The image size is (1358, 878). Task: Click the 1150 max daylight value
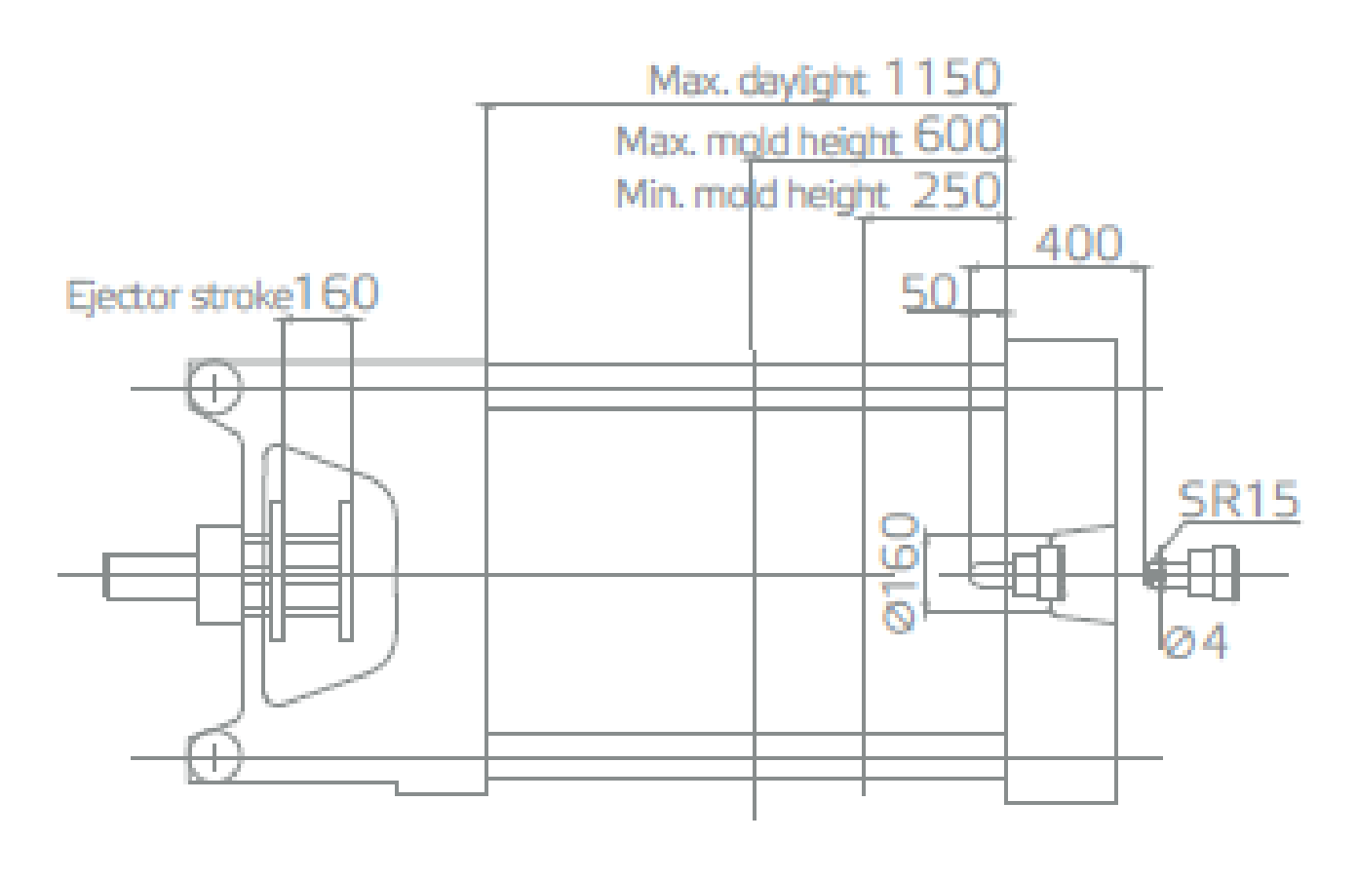point(941,77)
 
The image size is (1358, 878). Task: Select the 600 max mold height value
point(958,134)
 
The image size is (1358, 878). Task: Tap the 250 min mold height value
point(955,190)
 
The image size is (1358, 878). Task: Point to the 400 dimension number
point(1078,244)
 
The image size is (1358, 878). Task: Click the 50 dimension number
point(929,292)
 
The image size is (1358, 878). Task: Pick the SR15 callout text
point(1238,500)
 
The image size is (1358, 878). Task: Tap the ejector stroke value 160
point(336,292)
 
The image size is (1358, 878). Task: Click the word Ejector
point(124,297)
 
